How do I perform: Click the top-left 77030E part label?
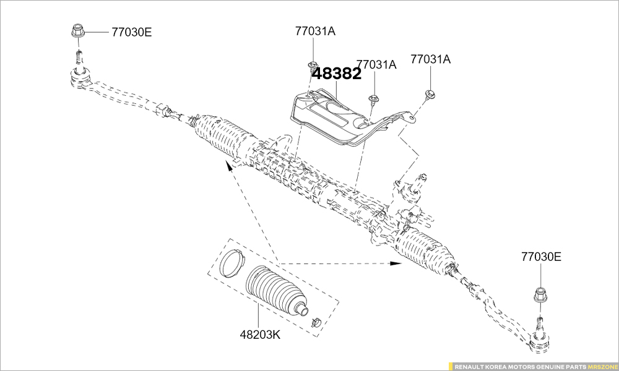[x=131, y=32]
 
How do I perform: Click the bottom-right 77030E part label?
[x=541, y=257]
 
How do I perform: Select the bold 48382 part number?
[x=337, y=74]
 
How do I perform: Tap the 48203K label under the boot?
[x=260, y=335]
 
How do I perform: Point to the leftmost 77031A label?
[x=315, y=31]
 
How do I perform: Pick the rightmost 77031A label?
[x=430, y=59]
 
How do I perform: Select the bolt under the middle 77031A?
[x=373, y=98]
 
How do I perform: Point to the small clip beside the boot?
[x=315, y=322]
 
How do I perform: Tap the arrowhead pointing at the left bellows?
[x=228, y=164]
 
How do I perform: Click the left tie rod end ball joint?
[x=81, y=79]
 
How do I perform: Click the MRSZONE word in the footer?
[x=602, y=366]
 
